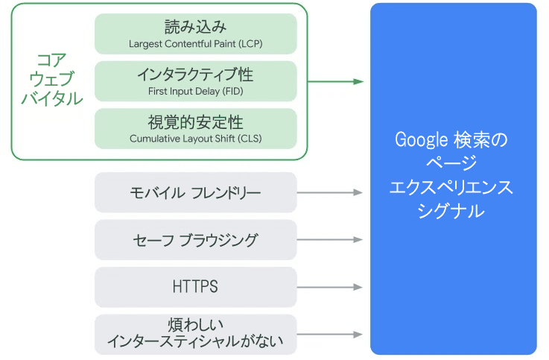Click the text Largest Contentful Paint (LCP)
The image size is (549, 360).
(x=196, y=44)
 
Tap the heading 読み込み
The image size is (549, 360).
(x=196, y=27)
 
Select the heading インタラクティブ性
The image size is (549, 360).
(x=195, y=75)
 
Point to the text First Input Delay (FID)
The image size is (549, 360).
(x=196, y=92)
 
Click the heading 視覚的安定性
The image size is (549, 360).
(x=195, y=122)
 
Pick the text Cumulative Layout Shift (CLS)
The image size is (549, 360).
(x=196, y=139)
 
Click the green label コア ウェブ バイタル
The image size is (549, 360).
(x=52, y=79)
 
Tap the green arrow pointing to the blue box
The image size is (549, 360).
(x=335, y=81)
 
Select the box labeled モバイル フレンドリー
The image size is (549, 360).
(x=196, y=192)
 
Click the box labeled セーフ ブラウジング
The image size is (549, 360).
(x=196, y=240)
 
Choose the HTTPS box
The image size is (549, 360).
(x=196, y=287)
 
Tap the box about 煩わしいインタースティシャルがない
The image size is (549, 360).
(x=196, y=335)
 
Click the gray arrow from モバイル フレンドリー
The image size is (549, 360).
(x=329, y=192)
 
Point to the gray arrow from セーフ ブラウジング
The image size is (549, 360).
(x=329, y=240)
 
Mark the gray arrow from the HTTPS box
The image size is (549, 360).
(x=329, y=287)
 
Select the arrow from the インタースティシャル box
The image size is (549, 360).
(x=329, y=335)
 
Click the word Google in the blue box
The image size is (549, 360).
(x=422, y=139)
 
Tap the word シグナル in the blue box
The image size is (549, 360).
(x=451, y=211)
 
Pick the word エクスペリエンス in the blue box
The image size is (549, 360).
(x=451, y=187)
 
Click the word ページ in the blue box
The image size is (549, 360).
(x=451, y=162)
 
